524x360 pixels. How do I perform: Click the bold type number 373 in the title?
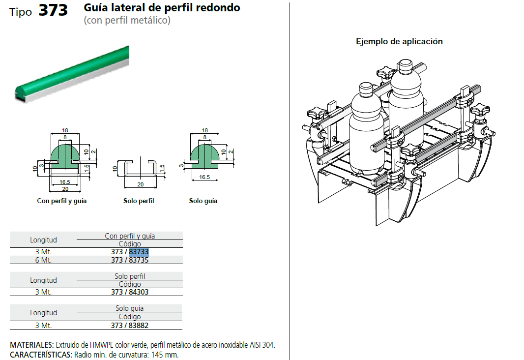(53, 10)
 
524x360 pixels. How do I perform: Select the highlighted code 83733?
(139, 252)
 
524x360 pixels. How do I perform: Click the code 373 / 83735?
(130, 260)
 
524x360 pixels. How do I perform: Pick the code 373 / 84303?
(130, 292)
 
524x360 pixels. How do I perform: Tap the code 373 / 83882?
(130, 326)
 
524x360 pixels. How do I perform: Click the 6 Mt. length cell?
(43, 260)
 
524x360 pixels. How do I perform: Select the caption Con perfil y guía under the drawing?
(61, 201)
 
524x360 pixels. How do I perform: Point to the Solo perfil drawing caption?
(139, 201)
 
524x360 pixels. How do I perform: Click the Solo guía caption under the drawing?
(203, 201)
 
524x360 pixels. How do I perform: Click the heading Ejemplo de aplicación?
(399, 41)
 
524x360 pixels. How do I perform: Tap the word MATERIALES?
(32, 345)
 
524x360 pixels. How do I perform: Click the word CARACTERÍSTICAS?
(41, 355)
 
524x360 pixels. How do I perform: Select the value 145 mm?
(165, 355)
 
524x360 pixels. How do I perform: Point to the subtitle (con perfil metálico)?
(127, 21)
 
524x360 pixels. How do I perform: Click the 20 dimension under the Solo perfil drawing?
(141, 184)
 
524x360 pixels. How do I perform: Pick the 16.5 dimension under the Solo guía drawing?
(203, 177)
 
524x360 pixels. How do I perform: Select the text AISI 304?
(262, 345)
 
